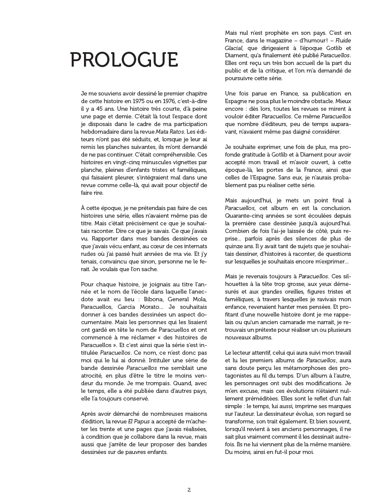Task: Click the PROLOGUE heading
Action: click(x=123, y=60)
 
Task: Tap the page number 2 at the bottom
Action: click(x=189, y=490)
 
